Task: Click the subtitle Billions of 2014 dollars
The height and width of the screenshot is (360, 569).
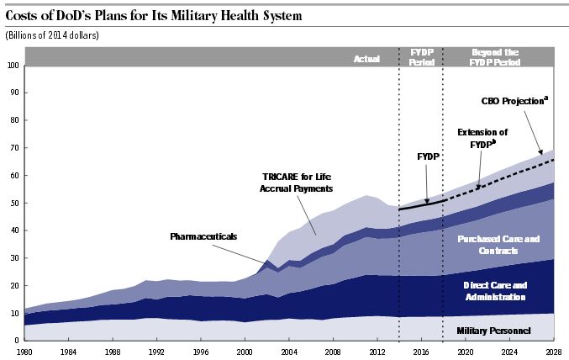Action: (52, 35)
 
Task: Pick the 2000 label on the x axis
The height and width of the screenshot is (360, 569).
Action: (245, 350)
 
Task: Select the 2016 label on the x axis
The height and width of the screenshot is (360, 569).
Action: (419, 350)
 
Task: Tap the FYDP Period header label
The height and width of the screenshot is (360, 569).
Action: (420, 56)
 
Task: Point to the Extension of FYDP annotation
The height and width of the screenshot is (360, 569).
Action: (482, 138)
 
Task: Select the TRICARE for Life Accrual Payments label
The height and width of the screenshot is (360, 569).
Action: (290, 183)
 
